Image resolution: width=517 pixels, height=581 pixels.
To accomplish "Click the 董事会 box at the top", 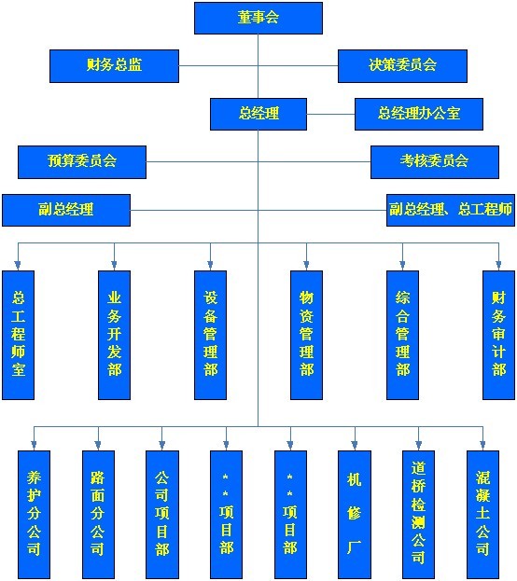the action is coord(258,18).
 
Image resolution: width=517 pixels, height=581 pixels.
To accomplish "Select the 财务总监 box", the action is coord(114,66).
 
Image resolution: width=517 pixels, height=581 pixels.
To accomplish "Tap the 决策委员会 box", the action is coord(402,66).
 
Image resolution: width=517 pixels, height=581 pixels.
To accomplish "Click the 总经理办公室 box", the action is coord(419,114).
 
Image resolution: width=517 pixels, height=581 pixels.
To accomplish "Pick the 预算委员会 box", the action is coord(82,162).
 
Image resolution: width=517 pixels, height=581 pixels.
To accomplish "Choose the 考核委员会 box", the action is coord(435,162).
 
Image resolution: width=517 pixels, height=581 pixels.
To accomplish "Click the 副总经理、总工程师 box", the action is coord(451,210).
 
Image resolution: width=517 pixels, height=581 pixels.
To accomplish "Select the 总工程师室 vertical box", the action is coord(18,335).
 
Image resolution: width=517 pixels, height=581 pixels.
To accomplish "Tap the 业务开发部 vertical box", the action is coord(114,335).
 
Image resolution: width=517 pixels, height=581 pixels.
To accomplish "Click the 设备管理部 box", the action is coord(210,335).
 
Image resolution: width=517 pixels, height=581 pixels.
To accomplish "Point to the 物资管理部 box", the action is coord(306,335).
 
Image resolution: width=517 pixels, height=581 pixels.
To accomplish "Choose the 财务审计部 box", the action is coord(499,335).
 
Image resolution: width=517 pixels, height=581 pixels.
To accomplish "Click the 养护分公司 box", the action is coord(34,514).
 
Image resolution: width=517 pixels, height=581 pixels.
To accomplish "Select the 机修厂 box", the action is coord(355,514).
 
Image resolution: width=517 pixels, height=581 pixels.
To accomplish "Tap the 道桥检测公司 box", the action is coord(418,514).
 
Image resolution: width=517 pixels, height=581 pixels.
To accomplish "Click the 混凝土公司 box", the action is coord(482,514).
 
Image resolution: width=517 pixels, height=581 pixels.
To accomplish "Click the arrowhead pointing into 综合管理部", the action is coord(402,265).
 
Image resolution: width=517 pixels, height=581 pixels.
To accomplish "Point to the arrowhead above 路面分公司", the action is coord(98,445).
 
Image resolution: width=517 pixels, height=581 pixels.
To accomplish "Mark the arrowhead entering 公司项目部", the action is coord(161,445).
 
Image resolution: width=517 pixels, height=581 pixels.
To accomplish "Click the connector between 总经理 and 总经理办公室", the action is coord(330,114).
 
